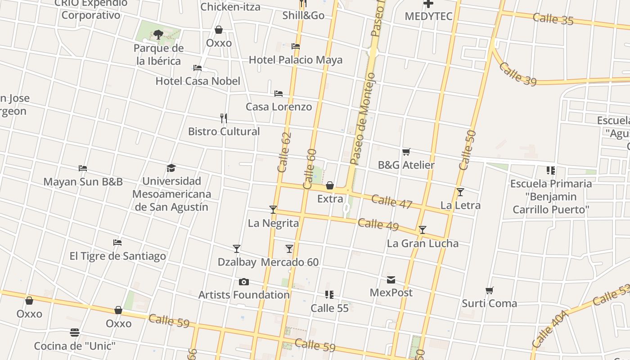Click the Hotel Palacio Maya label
(x=295, y=60)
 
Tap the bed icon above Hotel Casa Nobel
(x=198, y=68)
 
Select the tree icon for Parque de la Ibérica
(x=158, y=34)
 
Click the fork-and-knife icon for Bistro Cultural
(x=224, y=118)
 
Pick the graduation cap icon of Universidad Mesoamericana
(x=171, y=168)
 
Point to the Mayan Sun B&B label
(x=83, y=182)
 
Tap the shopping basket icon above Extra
(x=330, y=185)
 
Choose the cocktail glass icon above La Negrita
(x=273, y=210)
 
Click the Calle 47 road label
(x=392, y=202)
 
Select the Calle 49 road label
(x=378, y=224)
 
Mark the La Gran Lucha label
(x=423, y=243)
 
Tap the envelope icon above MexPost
(x=391, y=280)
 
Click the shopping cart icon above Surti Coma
(x=489, y=291)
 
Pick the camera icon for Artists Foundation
(x=244, y=282)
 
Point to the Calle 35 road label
(x=553, y=19)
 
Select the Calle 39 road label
(x=517, y=74)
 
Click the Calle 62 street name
(x=285, y=152)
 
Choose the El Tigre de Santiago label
(x=117, y=256)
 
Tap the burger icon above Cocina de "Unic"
(x=75, y=333)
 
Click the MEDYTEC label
(x=428, y=16)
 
